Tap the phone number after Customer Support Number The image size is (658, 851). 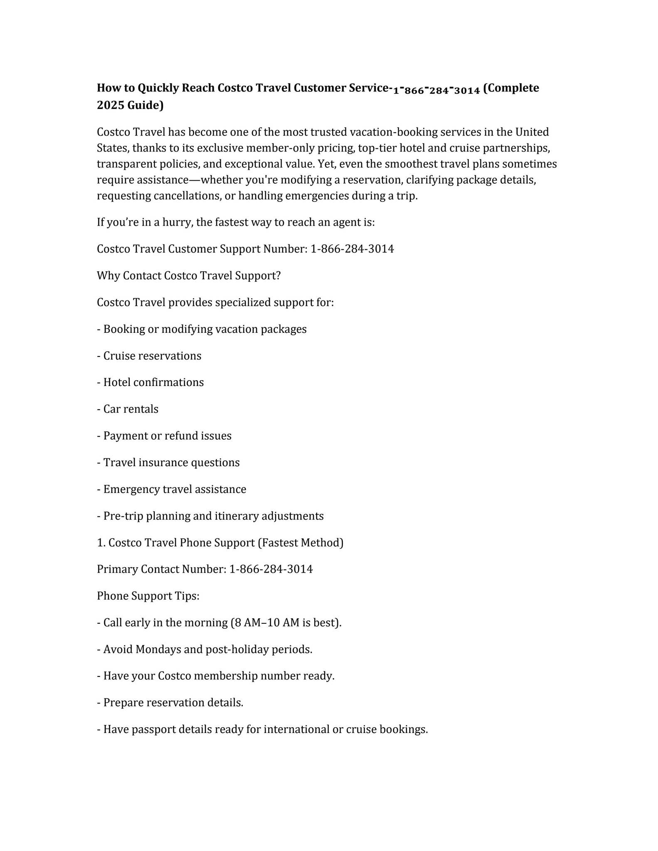(x=352, y=249)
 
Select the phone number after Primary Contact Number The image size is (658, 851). (x=271, y=569)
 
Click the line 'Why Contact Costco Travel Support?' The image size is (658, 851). (x=189, y=275)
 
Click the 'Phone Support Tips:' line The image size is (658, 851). (x=148, y=596)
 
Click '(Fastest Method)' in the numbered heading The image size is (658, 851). (x=301, y=543)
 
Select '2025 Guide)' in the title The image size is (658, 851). (x=130, y=106)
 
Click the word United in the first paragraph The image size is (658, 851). (x=532, y=132)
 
